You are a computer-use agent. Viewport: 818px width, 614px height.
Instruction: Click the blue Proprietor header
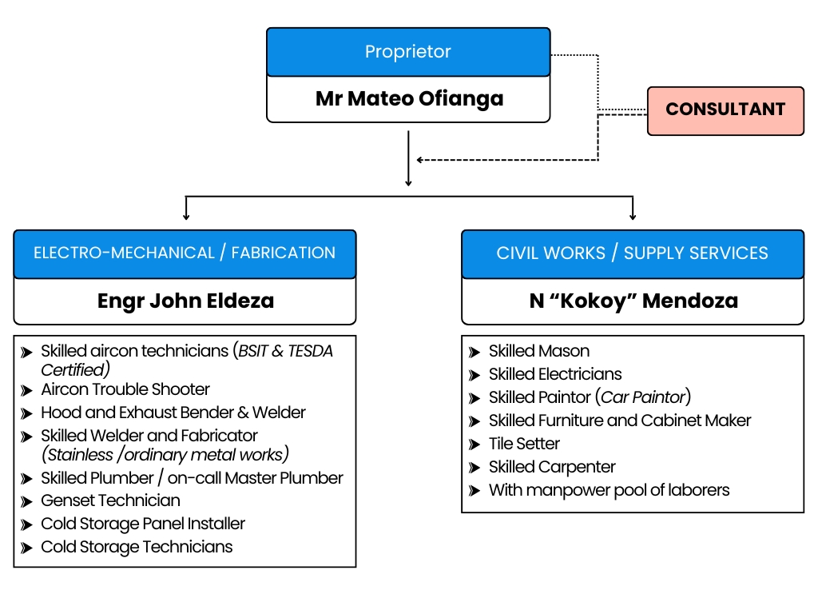408,52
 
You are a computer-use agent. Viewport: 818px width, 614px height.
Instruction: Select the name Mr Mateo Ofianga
408,99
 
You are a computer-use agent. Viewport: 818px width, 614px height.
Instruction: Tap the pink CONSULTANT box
725,110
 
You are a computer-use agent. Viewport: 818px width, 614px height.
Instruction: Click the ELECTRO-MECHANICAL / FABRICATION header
185,253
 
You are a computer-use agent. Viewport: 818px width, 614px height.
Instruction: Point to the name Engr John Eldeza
185,301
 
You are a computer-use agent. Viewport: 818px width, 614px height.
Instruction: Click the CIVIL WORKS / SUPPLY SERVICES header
632,253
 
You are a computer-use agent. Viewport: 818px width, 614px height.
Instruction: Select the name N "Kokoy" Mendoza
632,301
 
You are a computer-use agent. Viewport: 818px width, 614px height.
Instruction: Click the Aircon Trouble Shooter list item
125,390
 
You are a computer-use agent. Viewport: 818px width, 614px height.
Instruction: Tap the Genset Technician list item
110,501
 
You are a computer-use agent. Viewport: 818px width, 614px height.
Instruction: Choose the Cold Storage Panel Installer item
143,524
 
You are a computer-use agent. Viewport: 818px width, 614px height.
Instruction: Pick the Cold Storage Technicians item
137,548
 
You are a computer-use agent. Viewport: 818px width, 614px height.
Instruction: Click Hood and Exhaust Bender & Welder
173,413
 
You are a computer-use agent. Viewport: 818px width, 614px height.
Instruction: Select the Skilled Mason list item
539,351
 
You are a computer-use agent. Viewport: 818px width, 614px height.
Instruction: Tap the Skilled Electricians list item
555,374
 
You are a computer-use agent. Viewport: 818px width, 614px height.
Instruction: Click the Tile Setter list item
524,444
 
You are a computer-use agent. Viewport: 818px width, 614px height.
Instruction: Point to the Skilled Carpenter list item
552,467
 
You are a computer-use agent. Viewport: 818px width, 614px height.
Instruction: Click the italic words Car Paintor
643,397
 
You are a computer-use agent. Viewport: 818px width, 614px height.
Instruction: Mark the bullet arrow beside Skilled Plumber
27,479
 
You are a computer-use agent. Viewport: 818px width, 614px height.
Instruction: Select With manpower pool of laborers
609,490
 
